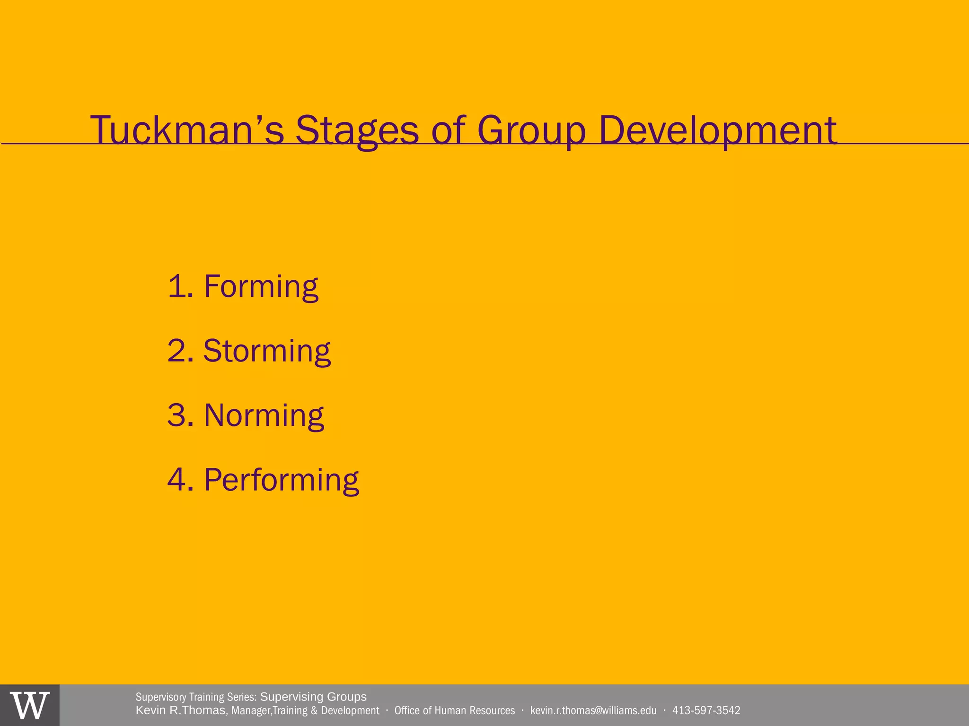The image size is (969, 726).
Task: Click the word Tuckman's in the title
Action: [187, 130]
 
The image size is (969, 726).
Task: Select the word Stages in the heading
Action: [357, 130]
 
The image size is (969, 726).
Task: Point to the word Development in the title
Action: [717, 130]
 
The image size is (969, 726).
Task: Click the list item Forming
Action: [261, 286]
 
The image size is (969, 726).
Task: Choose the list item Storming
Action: [267, 351]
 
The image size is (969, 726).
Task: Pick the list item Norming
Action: [264, 415]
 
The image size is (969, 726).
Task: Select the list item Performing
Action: [281, 480]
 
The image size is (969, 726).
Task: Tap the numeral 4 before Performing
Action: [177, 480]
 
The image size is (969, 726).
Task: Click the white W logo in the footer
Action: [30, 706]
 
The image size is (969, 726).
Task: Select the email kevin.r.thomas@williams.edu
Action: [593, 711]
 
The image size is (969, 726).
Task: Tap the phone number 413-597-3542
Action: [706, 711]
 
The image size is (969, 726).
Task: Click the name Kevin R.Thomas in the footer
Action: [180, 711]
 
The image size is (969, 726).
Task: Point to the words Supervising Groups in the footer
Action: [313, 697]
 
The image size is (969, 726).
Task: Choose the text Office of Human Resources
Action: [454, 711]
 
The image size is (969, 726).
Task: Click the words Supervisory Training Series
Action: [196, 697]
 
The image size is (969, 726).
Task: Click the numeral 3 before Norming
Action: [177, 415]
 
